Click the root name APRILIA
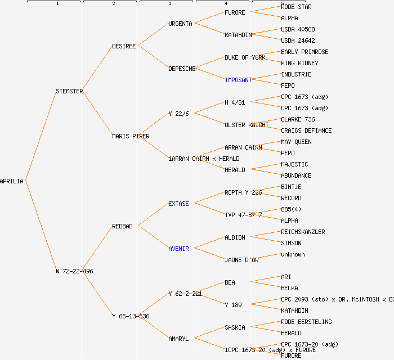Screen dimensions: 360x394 coord(12,181)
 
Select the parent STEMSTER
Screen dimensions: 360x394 coord(69,91)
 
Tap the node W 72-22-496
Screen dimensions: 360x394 coord(74,271)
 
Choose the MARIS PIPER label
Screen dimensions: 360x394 coord(131,136)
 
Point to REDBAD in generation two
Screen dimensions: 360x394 coord(122,226)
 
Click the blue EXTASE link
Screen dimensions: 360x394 coord(178,204)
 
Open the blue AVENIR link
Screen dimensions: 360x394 coord(178,249)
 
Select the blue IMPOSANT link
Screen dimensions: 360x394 coord(238,80)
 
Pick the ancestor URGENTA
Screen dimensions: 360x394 coord(180,24)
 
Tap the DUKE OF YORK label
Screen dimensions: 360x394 coord(245,57)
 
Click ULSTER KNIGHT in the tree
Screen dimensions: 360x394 coord(247,125)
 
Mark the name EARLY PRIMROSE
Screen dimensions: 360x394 coord(305,52)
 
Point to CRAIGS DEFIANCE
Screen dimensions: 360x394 coord(306,130)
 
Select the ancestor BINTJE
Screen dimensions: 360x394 coord(291,187)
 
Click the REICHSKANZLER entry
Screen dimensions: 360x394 coord(303,232)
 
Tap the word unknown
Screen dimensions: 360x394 coord(293,254)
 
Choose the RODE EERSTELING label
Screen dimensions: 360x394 coord(306,322)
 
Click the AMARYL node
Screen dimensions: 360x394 coord(178,339)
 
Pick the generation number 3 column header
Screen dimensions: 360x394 coord(169,4)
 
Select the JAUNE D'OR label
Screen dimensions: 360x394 coord(241,260)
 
